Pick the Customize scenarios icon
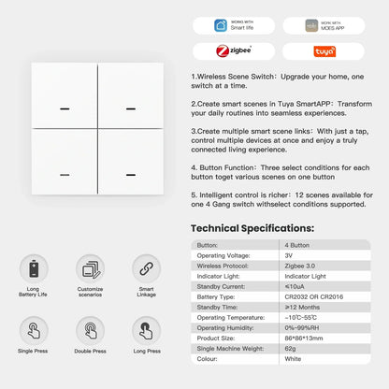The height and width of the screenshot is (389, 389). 91,269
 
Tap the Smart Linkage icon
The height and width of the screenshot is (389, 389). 146,269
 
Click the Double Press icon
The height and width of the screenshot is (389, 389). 91,330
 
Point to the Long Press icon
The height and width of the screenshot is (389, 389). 146,330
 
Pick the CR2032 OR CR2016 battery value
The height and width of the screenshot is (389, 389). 313,295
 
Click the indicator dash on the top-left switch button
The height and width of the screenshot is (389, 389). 65,109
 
